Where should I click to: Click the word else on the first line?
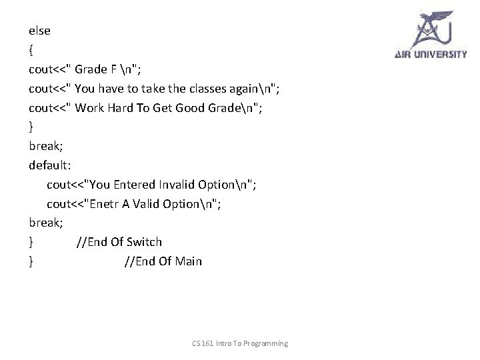(39, 30)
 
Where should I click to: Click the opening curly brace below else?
(31, 49)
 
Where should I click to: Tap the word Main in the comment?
(189, 261)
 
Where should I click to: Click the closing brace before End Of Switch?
(31, 241)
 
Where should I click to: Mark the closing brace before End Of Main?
(31, 261)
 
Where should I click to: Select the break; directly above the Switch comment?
(45, 222)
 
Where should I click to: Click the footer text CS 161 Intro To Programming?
(240, 343)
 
